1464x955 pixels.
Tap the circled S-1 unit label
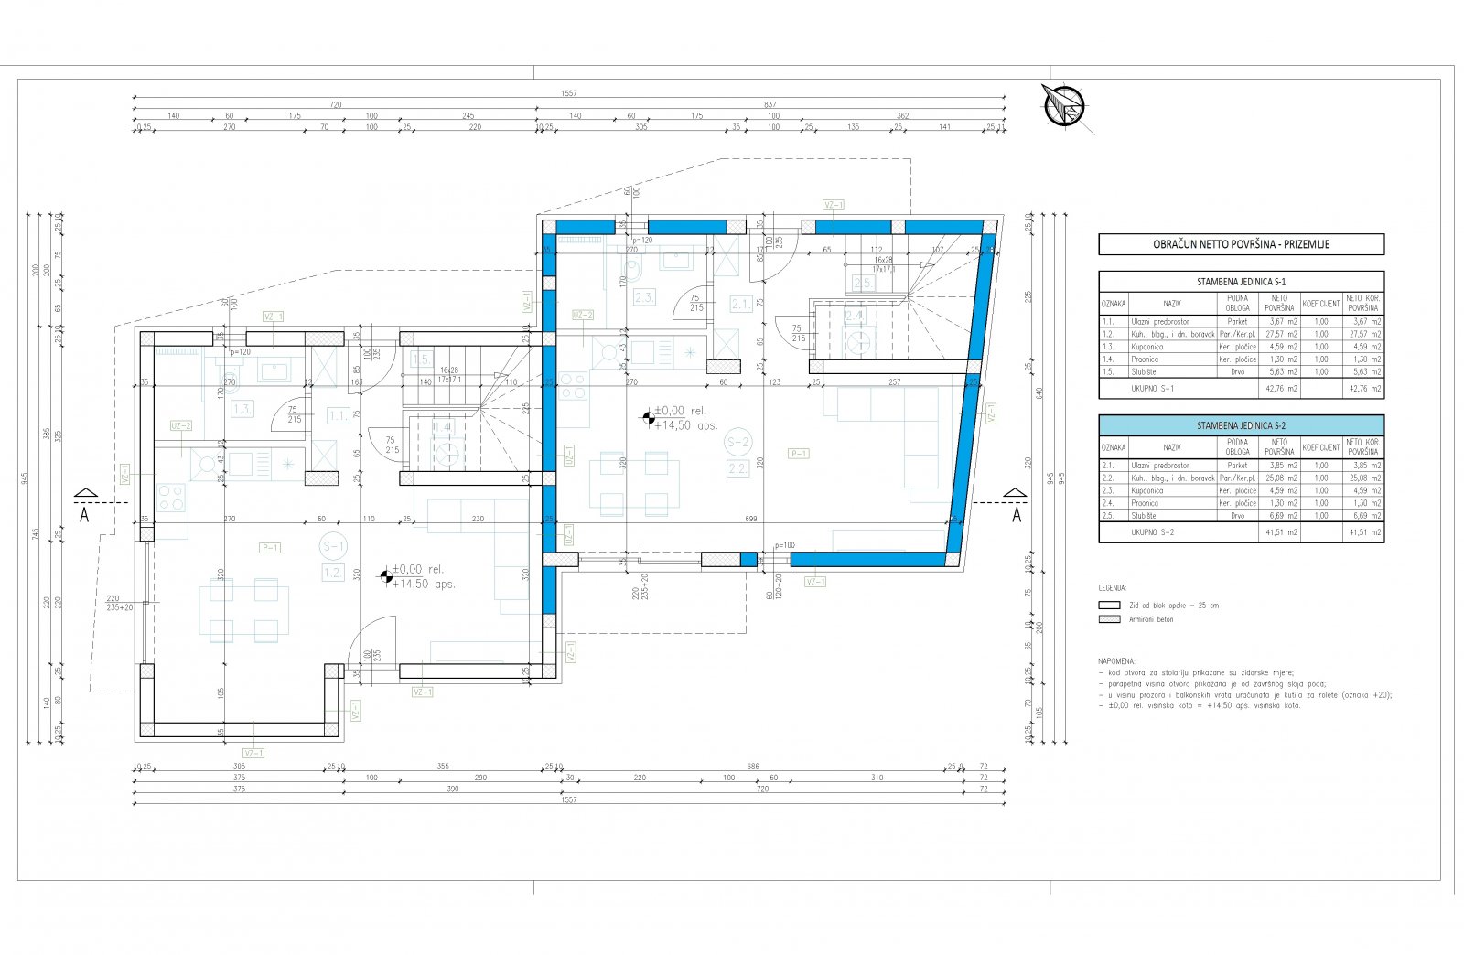pyautogui.click(x=333, y=547)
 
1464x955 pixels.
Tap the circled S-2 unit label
pyautogui.click(x=737, y=443)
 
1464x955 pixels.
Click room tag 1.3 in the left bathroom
pyautogui.click(x=242, y=409)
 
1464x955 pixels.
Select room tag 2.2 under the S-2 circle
pyautogui.click(x=737, y=468)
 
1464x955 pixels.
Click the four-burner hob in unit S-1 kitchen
pyautogui.click(x=171, y=499)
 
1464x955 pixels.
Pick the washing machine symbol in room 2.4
pyautogui.click(x=858, y=341)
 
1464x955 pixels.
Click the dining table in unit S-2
pyautogui.click(x=633, y=484)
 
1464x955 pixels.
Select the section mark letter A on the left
pyautogui.click(x=84, y=514)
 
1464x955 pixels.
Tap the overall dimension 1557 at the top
pyautogui.click(x=570, y=93)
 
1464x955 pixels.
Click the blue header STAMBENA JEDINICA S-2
pyautogui.click(x=1241, y=425)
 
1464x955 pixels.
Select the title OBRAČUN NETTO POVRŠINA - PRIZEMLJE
pyautogui.click(x=1241, y=244)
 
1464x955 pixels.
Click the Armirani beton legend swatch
pyautogui.click(x=1109, y=619)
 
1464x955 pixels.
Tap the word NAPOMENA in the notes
pyautogui.click(x=1116, y=660)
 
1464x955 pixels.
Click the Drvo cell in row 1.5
pyautogui.click(x=1237, y=371)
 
